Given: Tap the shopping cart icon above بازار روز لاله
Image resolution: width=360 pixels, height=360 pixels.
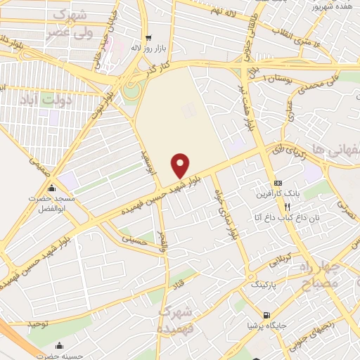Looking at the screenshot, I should [x=147, y=38].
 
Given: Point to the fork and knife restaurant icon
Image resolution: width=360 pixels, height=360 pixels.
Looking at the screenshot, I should [x=287, y=207].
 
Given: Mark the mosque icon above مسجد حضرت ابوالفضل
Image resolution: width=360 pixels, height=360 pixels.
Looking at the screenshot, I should [x=51, y=188].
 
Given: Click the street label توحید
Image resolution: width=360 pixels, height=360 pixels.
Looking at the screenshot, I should [x=40, y=323].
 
